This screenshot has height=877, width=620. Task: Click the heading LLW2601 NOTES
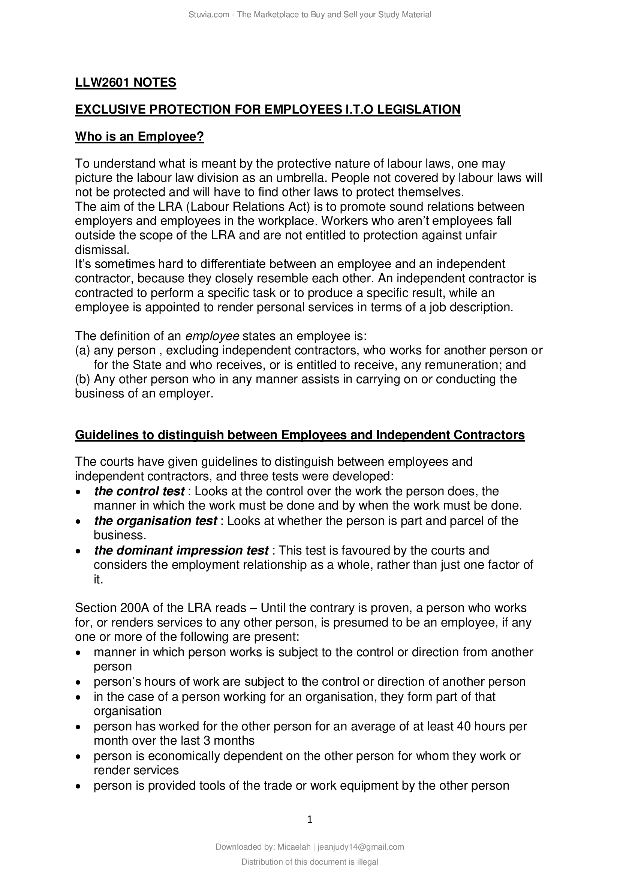coord(126,82)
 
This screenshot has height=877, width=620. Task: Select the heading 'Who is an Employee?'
coord(139,136)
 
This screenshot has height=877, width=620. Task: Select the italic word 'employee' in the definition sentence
coord(212,336)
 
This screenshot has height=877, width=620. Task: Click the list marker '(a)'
coord(82,351)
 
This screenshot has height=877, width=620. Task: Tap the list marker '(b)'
coord(82,379)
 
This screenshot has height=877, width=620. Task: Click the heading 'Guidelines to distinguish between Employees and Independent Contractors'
coord(300,435)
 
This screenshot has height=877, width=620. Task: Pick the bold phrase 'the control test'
coord(139,491)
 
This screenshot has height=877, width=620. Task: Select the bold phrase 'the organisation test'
coord(156,521)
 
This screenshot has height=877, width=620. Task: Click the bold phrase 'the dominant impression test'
coord(181,550)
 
